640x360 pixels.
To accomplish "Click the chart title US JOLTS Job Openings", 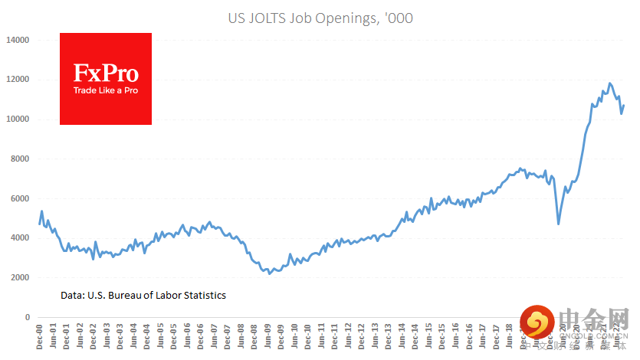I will point(320,18).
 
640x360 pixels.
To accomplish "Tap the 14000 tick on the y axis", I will point(17,40).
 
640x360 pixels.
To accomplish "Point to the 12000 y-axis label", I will point(17,80).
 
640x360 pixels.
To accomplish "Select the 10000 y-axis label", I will point(17,119).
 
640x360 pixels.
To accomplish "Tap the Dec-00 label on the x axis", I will point(40,337).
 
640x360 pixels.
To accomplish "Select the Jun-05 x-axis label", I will point(159,337).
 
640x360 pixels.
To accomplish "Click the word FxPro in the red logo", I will point(106,74).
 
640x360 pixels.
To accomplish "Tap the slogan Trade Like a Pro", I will point(106,90).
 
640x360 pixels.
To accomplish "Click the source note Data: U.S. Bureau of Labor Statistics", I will point(143,295).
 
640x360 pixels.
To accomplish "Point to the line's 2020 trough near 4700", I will point(558,224).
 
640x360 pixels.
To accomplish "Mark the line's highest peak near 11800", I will point(610,83).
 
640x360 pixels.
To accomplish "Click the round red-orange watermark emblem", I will point(537,324).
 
